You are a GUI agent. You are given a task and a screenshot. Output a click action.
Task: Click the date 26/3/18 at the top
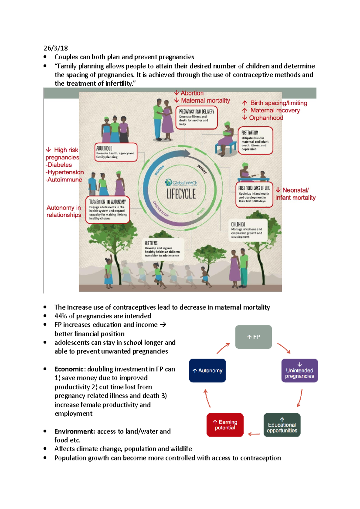(56, 48)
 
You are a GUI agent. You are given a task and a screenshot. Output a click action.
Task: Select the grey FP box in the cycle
(253, 337)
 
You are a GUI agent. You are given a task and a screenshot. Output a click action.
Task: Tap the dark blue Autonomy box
(207, 371)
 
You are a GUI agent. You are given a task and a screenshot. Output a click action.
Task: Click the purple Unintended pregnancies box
(299, 371)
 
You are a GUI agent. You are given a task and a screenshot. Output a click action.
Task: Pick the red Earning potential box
(225, 425)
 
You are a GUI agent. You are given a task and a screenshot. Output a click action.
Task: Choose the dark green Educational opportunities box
(282, 425)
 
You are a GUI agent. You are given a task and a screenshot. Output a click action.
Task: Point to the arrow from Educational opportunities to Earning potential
(254, 434)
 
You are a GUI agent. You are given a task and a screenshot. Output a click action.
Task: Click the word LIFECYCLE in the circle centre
(181, 194)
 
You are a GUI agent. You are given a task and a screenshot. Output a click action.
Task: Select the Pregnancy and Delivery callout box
(196, 118)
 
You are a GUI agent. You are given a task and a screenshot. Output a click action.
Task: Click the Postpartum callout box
(255, 141)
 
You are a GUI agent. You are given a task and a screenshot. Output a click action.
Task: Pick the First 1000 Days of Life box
(254, 194)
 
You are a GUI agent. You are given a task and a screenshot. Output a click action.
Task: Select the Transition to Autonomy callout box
(108, 210)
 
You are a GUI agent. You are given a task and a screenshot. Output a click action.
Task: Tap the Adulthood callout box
(116, 152)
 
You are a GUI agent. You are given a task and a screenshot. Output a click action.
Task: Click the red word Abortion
(192, 93)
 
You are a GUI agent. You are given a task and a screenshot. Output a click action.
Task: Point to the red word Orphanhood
(266, 118)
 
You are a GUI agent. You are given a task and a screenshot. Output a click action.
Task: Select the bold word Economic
(69, 369)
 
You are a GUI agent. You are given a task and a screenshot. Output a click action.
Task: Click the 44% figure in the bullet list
(60, 316)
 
